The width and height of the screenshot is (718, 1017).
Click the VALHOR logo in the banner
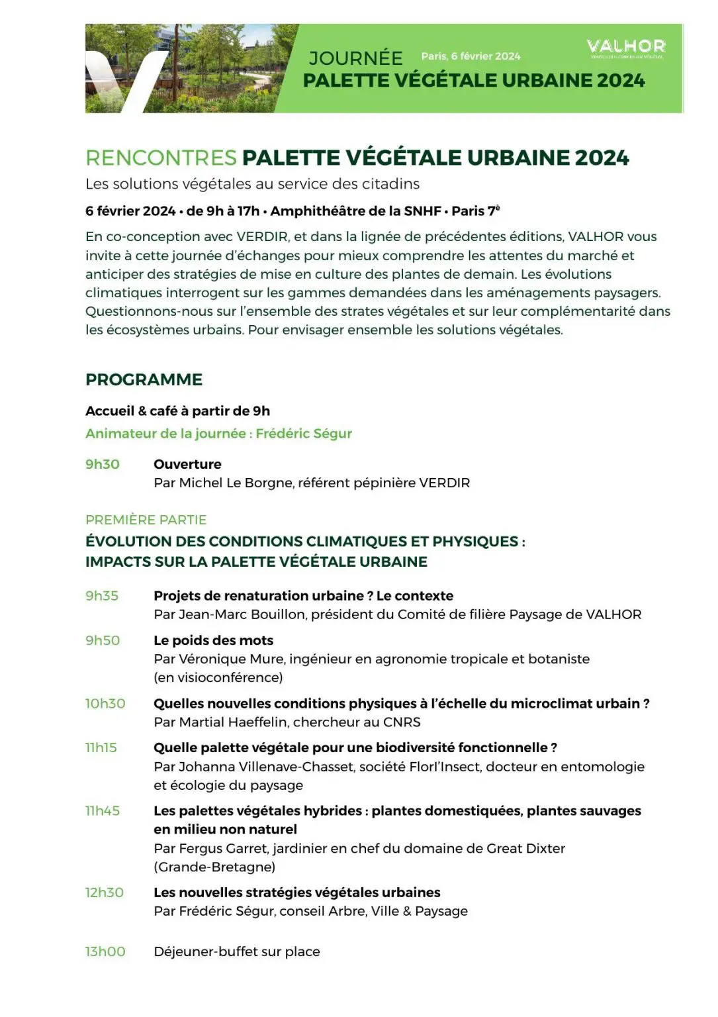[625, 47]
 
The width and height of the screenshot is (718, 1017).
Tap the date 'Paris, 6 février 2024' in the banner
[471, 56]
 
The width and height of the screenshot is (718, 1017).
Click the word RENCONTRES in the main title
[161, 158]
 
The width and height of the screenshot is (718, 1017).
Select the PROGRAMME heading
[144, 379]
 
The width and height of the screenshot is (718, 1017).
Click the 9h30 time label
[103, 464]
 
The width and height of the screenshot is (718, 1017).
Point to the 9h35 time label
[102, 596]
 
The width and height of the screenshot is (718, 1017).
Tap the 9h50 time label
[103, 640]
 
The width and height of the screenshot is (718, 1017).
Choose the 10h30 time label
[105, 703]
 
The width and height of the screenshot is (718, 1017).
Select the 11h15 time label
[101, 748]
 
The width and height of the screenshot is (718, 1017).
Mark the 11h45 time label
[103, 810]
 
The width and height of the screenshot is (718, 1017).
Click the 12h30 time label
[105, 893]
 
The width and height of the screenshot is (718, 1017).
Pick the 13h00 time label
[105, 951]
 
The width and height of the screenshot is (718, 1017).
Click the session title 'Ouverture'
[187, 464]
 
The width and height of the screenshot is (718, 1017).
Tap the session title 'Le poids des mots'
[213, 640]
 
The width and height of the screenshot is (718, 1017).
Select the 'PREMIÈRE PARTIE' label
[146, 520]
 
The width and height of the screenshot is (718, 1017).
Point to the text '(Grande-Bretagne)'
[214, 867]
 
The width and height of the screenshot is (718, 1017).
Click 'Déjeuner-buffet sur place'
[237, 951]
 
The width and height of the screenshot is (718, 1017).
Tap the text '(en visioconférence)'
[218, 677]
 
